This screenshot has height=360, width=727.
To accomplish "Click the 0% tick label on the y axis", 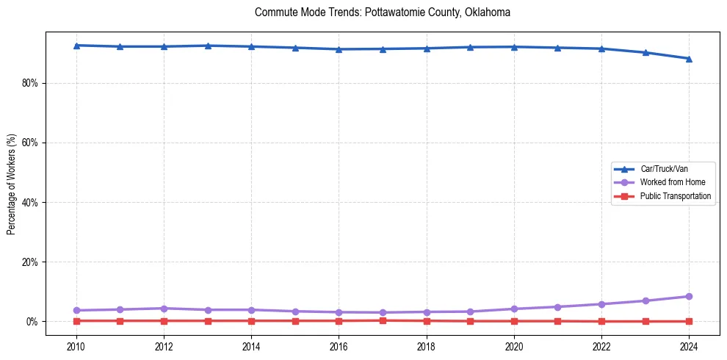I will (x=32, y=321).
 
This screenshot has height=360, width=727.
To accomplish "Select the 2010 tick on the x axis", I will (x=76, y=346).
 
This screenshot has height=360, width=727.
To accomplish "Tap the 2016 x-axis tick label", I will (x=339, y=346).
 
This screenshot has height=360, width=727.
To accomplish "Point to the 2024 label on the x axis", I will (x=689, y=346).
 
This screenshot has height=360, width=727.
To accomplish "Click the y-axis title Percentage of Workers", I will (x=12, y=184).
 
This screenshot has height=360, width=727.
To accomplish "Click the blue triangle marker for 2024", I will (x=689, y=59).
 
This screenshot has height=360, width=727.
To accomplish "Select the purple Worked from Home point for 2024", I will (x=689, y=297).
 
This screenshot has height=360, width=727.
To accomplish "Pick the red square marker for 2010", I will (x=76, y=320).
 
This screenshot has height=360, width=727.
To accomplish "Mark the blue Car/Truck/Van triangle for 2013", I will (x=208, y=46).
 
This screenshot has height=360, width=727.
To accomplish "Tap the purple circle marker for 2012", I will (x=164, y=309).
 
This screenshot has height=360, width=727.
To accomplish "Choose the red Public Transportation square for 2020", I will (x=514, y=321).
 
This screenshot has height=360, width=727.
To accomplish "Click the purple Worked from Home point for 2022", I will (x=601, y=304).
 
